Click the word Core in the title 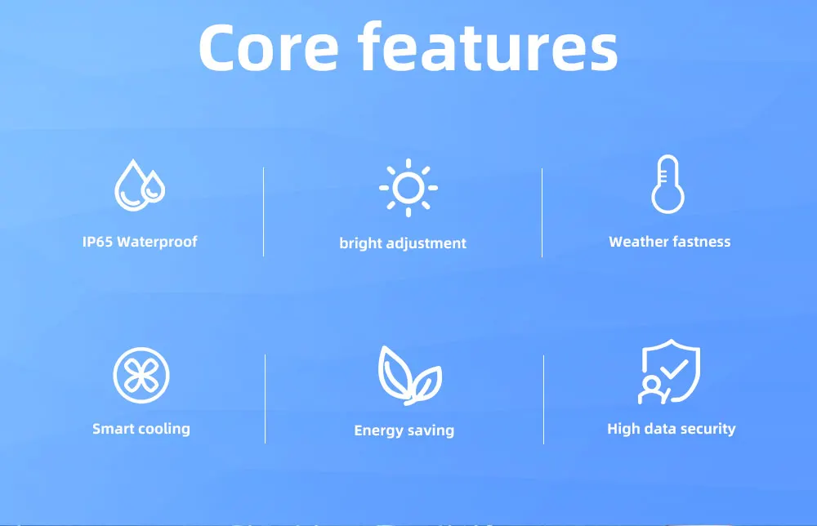(x=269, y=47)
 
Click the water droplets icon (x=140, y=185)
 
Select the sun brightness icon (x=408, y=188)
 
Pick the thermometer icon (x=668, y=184)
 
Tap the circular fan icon (x=141, y=375)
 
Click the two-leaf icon (x=410, y=376)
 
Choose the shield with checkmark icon (x=670, y=372)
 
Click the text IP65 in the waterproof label (x=97, y=242)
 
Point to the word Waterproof (x=158, y=242)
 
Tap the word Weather (x=639, y=242)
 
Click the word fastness (x=702, y=242)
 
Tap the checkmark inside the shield (x=675, y=369)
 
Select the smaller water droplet (x=154, y=186)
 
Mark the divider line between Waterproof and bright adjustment (x=264, y=212)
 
